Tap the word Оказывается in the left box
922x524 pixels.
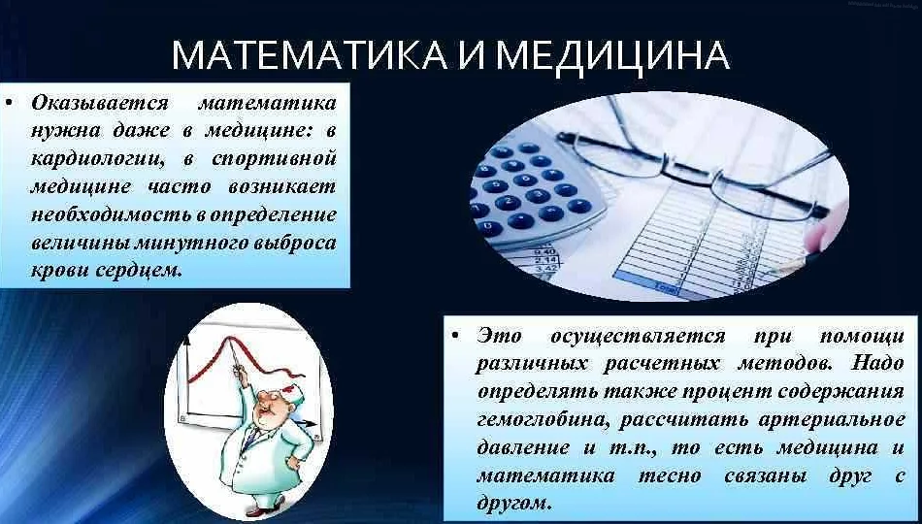[x=98, y=103]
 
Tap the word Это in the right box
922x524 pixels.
[x=499, y=337]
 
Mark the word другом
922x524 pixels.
[x=515, y=504]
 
